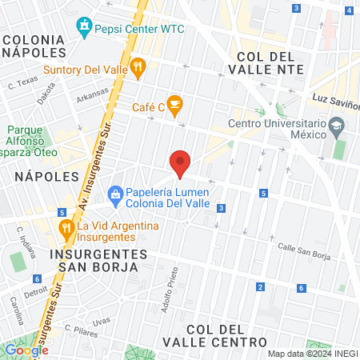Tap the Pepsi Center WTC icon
click(84, 27)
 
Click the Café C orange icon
click(176, 102)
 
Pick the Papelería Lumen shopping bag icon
click(115, 193)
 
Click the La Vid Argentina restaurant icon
click(65, 226)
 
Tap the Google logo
click(26, 350)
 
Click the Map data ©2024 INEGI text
click(312, 354)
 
